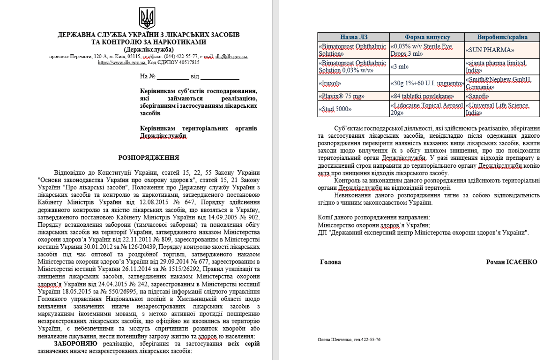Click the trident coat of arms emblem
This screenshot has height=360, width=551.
pos(147,18)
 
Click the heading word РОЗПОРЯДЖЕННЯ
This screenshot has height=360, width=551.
pos(148,158)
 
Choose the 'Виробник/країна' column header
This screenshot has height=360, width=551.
pos(502,37)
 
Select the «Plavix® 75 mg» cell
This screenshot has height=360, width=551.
pos(342,96)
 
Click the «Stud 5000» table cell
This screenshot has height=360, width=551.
pos(335,109)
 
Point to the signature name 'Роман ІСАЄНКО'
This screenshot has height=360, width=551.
pos(512,262)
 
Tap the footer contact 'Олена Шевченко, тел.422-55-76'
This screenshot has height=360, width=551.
pos(349,339)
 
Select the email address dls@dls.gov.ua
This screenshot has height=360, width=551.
pos(231,56)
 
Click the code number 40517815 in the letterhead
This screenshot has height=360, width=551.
pos(188,62)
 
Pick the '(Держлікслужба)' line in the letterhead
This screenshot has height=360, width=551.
pos(149,49)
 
